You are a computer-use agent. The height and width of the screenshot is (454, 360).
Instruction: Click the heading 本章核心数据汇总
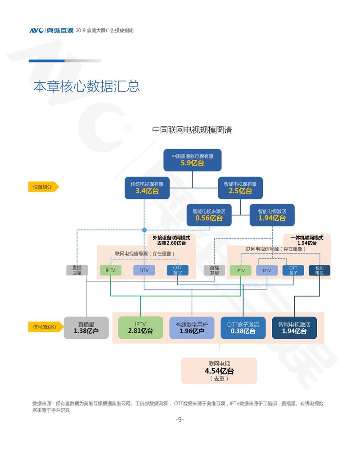point(86,86)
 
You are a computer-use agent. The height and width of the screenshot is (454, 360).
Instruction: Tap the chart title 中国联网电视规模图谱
point(192,130)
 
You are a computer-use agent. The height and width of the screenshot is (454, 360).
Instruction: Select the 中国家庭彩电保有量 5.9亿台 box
point(193,160)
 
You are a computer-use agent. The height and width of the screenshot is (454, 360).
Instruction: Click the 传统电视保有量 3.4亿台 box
point(147,188)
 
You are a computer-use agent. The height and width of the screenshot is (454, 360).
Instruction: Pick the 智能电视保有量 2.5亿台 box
point(240,188)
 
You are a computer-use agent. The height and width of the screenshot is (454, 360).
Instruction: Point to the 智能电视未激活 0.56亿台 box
point(209,215)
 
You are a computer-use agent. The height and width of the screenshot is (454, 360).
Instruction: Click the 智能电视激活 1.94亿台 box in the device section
point(272,215)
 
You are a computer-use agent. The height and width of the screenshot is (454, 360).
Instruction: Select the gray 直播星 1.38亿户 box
point(86,328)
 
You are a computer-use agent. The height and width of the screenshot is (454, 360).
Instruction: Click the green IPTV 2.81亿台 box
point(140,328)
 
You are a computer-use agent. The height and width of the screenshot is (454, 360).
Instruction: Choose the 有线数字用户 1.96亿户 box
point(192,328)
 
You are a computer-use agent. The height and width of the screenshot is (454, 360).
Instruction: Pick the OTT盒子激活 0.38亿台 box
point(243,328)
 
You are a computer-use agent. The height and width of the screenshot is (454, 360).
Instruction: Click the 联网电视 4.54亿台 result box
point(219,370)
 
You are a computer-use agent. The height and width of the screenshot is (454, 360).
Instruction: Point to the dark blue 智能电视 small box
point(319,270)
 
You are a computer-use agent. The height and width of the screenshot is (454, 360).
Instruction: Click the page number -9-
point(180,419)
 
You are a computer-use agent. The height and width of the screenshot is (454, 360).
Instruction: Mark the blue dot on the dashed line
point(144,230)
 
